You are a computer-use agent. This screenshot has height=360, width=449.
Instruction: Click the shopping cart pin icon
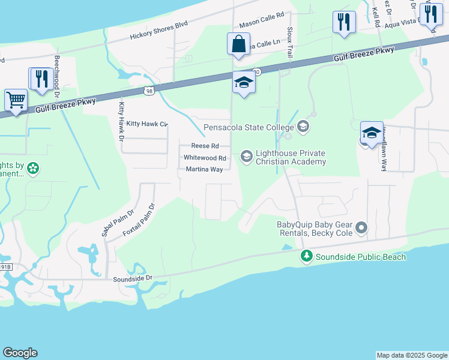click(x=16, y=100)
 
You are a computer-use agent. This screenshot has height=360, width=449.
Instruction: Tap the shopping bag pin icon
click(x=238, y=44)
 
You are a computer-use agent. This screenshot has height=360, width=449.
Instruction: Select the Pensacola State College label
click(x=248, y=127)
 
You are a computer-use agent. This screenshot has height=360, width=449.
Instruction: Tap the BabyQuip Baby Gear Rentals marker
click(x=361, y=227)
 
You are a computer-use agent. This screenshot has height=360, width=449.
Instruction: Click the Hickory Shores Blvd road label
click(x=159, y=30)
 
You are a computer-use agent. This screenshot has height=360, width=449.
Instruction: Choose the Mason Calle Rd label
click(x=261, y=23)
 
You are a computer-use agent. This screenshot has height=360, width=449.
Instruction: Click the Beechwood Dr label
click(x=57, y=77)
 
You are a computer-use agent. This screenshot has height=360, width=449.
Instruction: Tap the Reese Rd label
click(x=205, y=146)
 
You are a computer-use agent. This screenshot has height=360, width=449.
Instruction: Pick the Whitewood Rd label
click(x=205, y=158)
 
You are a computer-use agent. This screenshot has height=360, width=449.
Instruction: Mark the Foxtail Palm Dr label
click(x=139, y=220)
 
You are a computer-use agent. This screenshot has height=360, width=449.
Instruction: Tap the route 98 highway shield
click(x=149, y=91)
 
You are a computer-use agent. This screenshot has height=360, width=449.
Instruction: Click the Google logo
click(x=20, y=353)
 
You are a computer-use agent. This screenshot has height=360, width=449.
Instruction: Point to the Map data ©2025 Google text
click(x=411, y=355)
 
